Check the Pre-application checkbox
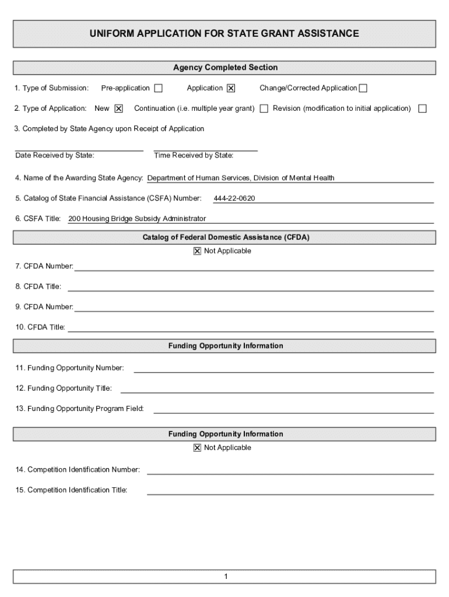pyautogui.click(x=158, y=89)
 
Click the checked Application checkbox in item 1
pyautogui.click(x=231, y=89)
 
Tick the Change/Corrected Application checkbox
pyautogui.click(x=363, y=89)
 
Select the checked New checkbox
pyautogui.click(x=118, y=108)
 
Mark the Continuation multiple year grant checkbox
pyautogui.click(x=264, y=108)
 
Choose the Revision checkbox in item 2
pyautogui.click(x=422, y=108)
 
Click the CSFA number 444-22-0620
pyautogui.click(x=234, y=199)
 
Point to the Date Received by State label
pyautogui.click(x=55, y=156)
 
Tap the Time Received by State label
pyautogui.click(x=194, y=156)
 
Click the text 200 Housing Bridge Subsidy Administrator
pyautogui.click(x=137, y=219)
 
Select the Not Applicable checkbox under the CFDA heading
pyautogui.click(x=197, y=251)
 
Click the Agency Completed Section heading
pyautogui.click(x=225, y=68)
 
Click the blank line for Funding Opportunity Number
pyautogui.click(x=283, y=370)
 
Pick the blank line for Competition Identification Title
pyautogui.click(x=290, y=491)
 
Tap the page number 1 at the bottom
pyautogui.click(x=225, y=577)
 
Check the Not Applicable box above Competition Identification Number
pyautogui.click(x=197, y=448)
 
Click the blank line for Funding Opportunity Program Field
pyautogui.click(x=293, y=410)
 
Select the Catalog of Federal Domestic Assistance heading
pyautogui.click(x=225, y=237)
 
